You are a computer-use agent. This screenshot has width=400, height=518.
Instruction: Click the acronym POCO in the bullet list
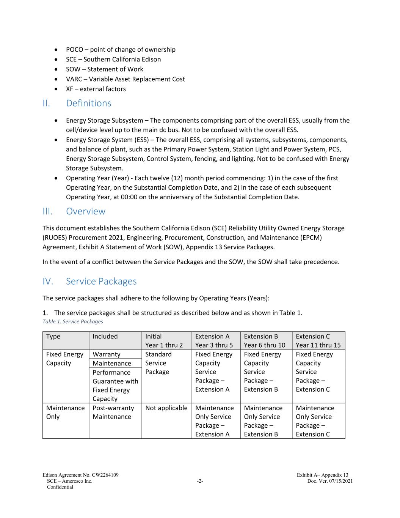pyautogui.click(x=74, y=49)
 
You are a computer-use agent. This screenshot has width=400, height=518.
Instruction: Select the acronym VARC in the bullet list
pyautogui.click(x=74, y=79)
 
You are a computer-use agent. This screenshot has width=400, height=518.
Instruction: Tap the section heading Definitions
pyautogui.click(x=88, y=103)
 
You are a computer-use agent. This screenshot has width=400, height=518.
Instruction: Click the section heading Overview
pyautogui.click(x=86, y=211)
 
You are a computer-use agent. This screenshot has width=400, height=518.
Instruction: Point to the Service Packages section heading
pyautogui.click(x=101, y=281)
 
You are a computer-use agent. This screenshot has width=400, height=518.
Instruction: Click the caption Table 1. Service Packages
pyautogui.click(x=73, y=321)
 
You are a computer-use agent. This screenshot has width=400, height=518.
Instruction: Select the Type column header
pyautogui.click(x=53, y=336)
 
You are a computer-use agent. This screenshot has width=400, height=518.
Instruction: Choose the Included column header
pyautogui.click(x=105, y=336)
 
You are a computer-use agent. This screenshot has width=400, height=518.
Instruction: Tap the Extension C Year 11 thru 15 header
pyautogui.click(x=318, y=340)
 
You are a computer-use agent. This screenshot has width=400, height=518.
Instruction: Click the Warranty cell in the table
pyautogui.click(x=107, y=354)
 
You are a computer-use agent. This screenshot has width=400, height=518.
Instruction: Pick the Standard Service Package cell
pyautogui.click(x=158, y=363)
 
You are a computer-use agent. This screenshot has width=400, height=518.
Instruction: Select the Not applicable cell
pyautogui.click(x=166, y=408)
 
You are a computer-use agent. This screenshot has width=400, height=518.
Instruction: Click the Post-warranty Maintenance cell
pyautogui.click(x=113, y=412)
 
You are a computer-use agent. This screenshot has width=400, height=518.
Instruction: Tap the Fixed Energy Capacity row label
pyautogui.click(x=64, y=359)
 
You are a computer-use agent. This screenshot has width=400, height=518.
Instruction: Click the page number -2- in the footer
pyautogui.click(x=200, y=481)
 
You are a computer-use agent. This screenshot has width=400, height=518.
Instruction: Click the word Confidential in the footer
pyautogui.click(x=60, y=487)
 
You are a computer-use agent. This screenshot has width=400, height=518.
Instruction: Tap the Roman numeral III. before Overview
pyautogui.click(x=47, y=211)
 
